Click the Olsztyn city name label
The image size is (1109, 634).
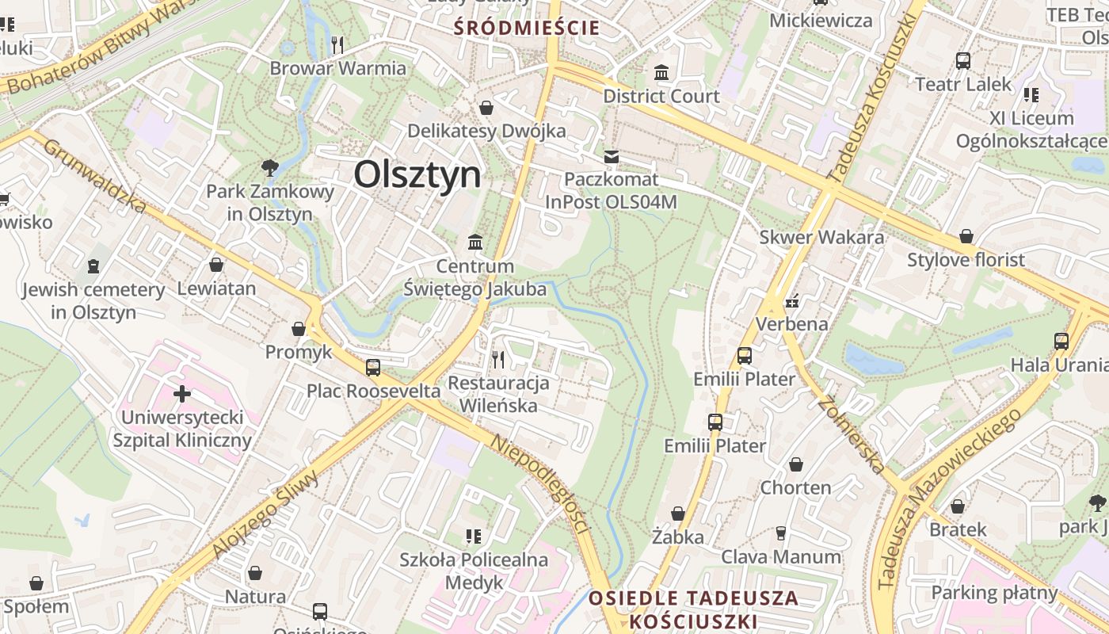point(417,174)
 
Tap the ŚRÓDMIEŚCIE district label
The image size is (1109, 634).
point(527,29)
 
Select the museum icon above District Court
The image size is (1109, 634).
point(661,74)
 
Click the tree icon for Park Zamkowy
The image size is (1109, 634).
point(270,167)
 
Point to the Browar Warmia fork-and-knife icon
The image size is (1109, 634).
point(338,45)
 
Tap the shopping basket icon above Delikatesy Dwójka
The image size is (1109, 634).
point(486,108)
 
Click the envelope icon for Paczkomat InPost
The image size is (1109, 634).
point(612,156)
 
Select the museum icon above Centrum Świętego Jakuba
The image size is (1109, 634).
point(475,242)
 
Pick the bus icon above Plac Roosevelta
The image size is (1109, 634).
point(373,368)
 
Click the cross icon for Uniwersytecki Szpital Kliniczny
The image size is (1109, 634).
point(182,393)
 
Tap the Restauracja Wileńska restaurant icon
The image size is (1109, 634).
point(498,360)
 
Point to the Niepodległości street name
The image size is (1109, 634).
point(541,483)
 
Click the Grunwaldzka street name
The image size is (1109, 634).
point(95,176)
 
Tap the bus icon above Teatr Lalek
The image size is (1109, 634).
point(963,61)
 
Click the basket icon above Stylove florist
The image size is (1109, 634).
point(966,236)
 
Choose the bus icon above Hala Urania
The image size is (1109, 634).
point(1061,342)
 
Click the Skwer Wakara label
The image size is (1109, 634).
point(821,237)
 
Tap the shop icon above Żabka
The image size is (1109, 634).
point(677,514)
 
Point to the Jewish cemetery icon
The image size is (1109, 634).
point(93,265)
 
